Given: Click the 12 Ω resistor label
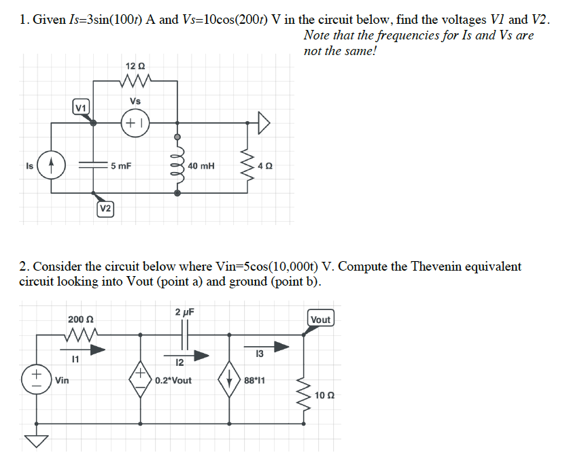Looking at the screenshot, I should (x=135, y=66).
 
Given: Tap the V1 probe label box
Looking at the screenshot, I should (x=80, y=107).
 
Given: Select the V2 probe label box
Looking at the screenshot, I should (x=105, y=208).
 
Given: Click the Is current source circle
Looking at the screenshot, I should (x=52, y=165).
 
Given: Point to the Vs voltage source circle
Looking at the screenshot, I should (x=135, y=124).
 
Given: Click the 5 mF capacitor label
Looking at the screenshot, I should (x=122, y=165).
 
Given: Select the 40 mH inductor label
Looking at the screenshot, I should (x=201, y=165).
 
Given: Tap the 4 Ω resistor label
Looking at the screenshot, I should (x=266, y=165).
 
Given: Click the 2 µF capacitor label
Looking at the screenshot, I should (x=184, y=312).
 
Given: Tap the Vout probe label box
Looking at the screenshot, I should (x=320, y=319).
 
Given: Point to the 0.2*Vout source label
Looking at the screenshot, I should (x=173, y=380).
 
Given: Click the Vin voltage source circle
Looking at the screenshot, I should (x=35, y=378).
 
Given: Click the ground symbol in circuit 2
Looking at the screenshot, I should (x=35, y=441).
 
